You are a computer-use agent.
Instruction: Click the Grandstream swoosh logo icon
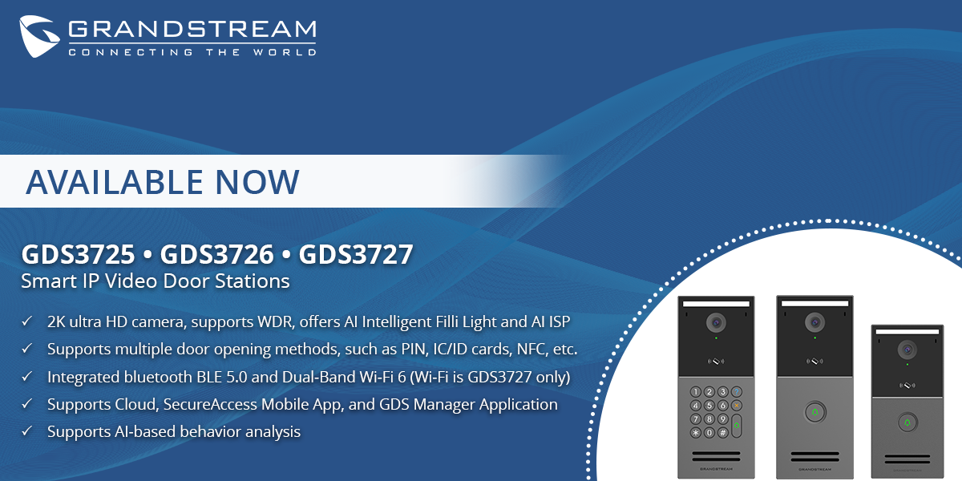coord(38,36)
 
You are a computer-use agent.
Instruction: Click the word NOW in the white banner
coord(257,182)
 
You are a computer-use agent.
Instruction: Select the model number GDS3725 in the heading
coord(79,254)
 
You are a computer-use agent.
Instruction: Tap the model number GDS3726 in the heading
coord(217,254)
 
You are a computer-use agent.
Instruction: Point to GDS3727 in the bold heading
coord(356,254)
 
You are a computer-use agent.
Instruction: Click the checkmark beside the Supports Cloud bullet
coord(27,404)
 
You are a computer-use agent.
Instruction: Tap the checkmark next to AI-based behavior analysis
coord(27,430)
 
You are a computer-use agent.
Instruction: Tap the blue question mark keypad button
coord(737,392)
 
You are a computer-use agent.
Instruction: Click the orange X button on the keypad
coord(737,406)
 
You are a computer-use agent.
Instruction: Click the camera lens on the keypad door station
coord(716,322)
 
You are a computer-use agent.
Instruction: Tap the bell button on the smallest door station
coord(907,422)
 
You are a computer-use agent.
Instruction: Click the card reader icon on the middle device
coord(814,362)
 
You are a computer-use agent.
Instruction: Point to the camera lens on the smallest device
coord(907,350)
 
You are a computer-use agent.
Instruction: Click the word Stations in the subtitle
coord(252,281)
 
